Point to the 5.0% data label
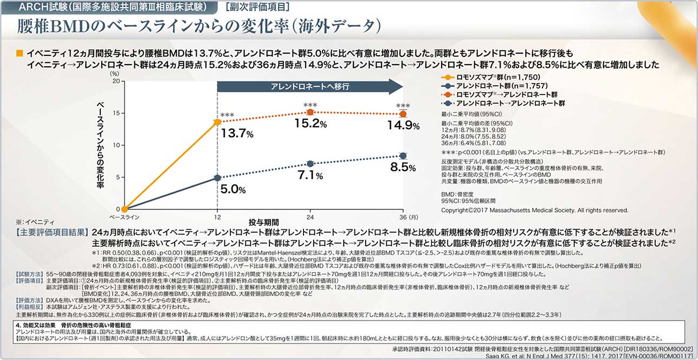click(234, 189)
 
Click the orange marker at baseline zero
click(124, 209)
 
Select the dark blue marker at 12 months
click(217, 177)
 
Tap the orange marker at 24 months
click(310, 112)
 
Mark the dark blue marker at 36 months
click(403, 156)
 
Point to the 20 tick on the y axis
click(115, 81)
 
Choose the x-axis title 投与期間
click(264, 222)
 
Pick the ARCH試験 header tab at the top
click(109, 7)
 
